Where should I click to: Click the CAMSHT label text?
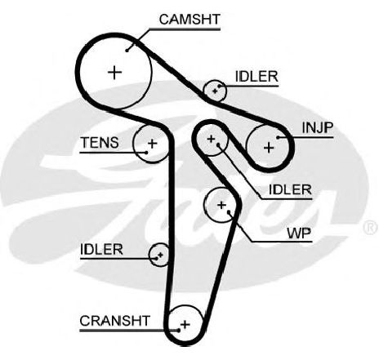(x=189, y=20)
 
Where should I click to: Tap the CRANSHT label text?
(x=114, y=321)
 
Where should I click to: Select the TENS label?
(x=100, y=143)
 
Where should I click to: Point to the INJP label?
(x=318, y=127)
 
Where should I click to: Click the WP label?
(x=299, y=233)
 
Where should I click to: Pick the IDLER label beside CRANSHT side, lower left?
(x=101, y=249)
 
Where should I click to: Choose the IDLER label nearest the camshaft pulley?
(x=256, y=77)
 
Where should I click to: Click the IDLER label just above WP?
(x=290, y=189)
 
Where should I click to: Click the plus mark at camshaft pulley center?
(x=114, y=73)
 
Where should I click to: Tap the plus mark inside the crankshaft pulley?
(x=185, y=324)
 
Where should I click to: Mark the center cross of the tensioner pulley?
(x=152, y=143)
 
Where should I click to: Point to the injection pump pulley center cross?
(x=269, y=148)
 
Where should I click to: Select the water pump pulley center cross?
(x=221, y=205)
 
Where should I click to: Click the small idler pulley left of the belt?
(x=159, y=255)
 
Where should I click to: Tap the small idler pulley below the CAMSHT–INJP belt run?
(x=215, y=91)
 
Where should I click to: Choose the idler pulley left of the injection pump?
(x=212, y=140)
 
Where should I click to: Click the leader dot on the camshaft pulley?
(x=127, y=50)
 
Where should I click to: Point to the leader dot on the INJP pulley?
(x=278, y=137)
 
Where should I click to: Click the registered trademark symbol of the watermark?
(x=371, y=228)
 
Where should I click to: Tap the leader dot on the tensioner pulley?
(x=146, y=153)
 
